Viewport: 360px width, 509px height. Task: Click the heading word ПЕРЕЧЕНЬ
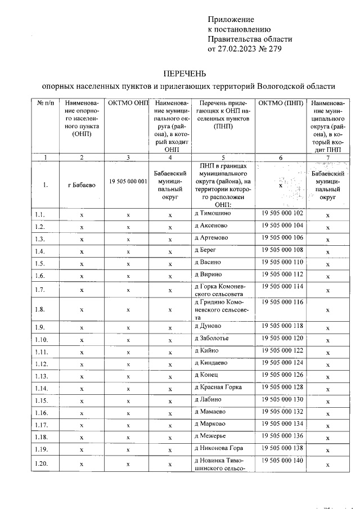pyautogui.click(x=184, y=74)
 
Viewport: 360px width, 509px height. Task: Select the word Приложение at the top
pyautogui.click(x=231, y=19)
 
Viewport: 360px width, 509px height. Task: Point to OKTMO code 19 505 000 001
pyautogui.click(x=128, y=182)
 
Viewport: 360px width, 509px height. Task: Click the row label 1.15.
pyautogui.click(x=40, y=400)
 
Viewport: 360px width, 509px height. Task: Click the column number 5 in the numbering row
pyautogui.click(x=223, y=157)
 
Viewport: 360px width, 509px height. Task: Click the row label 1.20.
pyautogui.click(x=40, y=464)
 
